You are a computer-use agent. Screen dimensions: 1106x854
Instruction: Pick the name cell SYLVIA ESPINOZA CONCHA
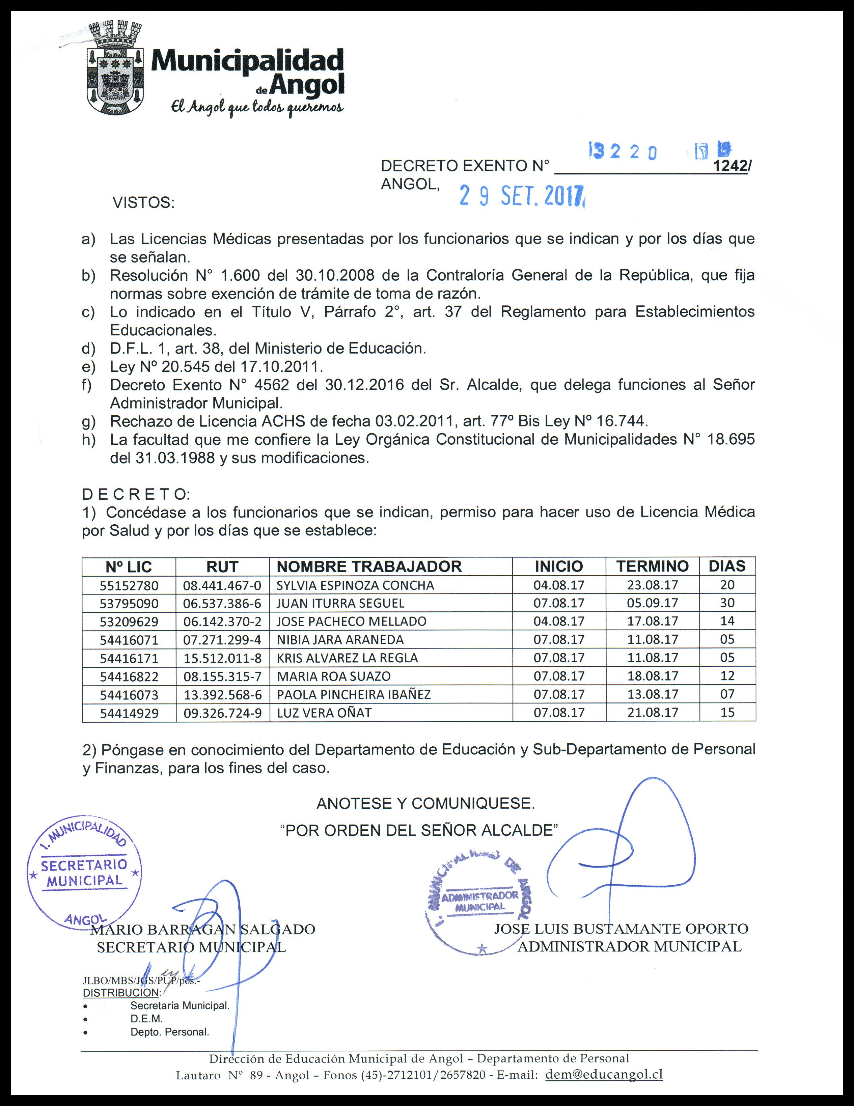tap(355, 585)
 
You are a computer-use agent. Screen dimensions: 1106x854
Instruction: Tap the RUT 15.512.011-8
tap(222, 658)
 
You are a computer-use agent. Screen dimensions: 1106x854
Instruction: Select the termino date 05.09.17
tap(653, 603)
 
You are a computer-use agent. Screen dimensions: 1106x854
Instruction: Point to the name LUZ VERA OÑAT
tap(324, 713)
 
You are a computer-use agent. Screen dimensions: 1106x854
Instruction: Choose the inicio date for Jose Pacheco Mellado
tap(559, 621)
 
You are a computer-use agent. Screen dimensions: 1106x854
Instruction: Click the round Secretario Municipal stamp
tap(85, 872)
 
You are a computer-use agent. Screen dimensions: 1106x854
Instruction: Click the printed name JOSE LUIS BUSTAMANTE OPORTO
tap(621, 929)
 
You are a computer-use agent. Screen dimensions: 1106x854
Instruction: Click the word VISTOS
tap(143, 203)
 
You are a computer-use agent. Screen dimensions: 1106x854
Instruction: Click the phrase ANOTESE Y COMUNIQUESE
tap(425, 803)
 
